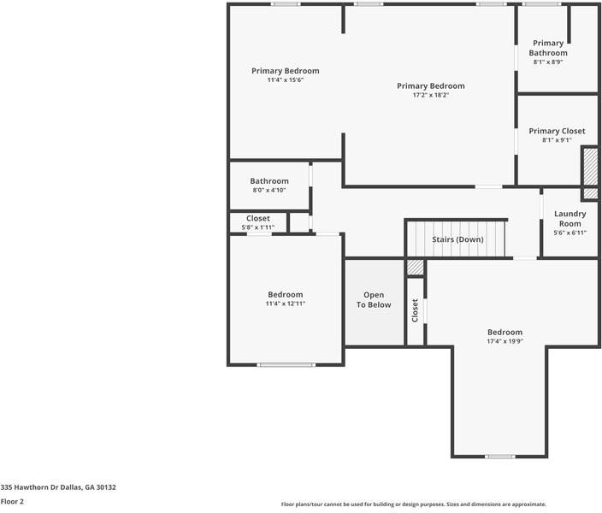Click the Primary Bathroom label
(x=548, y=48)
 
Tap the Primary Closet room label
(x=557, y=131)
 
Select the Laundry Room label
(x=570, y=218)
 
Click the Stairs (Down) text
(x=457, y=239)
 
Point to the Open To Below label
(x=374, y=300)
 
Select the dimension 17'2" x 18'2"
(x=430, y=95)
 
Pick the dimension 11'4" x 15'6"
(x=285, y=80)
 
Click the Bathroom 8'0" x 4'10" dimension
(x=269, y=191)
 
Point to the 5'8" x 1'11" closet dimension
(x=257, y=227)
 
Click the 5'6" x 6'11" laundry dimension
(x=570, y=233)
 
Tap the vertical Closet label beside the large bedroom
(x=416, y=310)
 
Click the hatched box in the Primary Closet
(x=590, y=167)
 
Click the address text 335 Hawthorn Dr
(x=58, y=487)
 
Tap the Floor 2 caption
(x=12, y=502)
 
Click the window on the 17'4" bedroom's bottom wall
(x=499, y=457)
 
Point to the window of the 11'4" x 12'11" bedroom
(x=286, y=365)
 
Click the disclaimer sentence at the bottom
(x=414, y=504)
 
